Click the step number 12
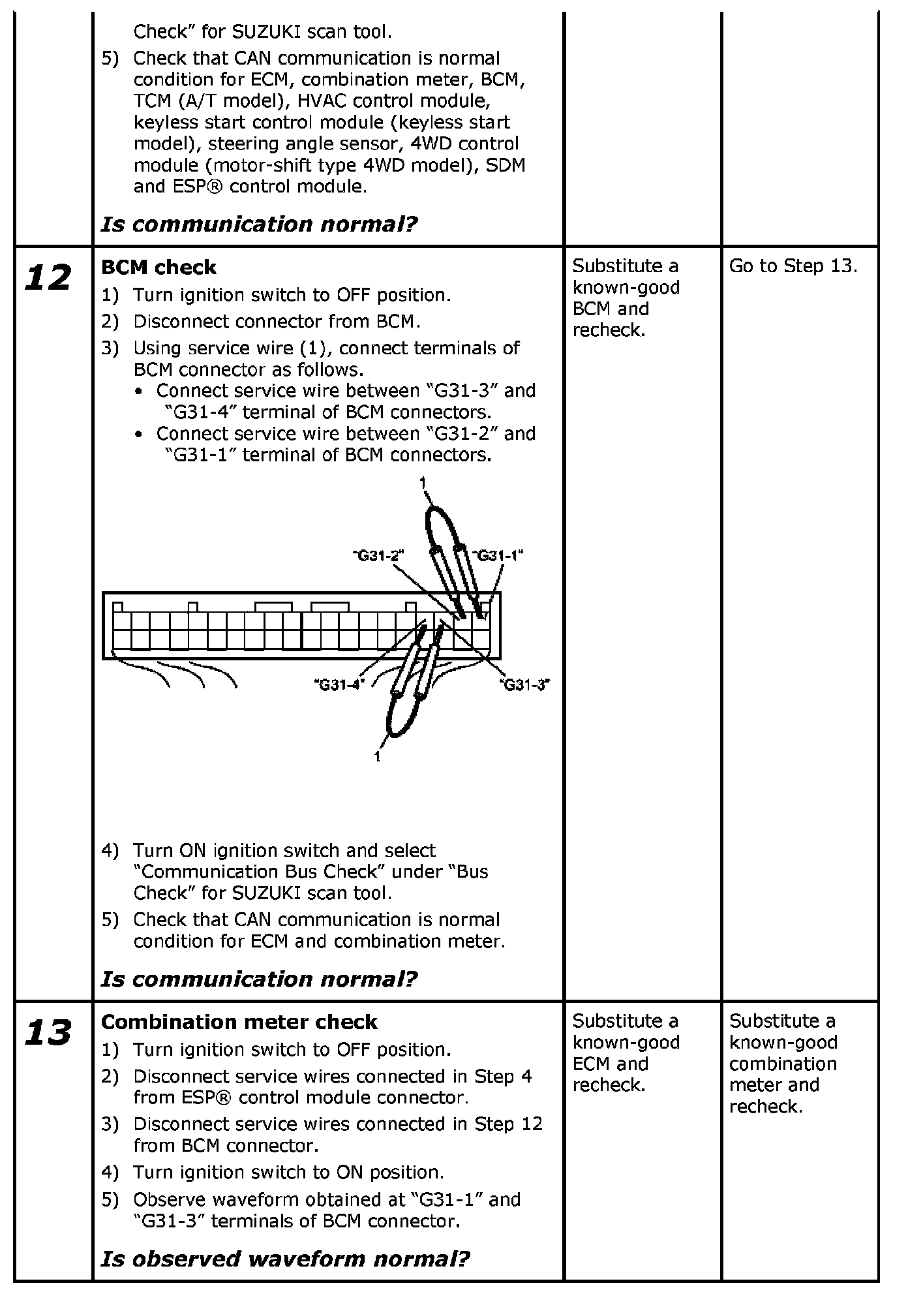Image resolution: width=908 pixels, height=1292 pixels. [48, 279]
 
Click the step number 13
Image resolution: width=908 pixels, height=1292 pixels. [48, 1034]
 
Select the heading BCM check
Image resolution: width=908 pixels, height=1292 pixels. [159, 268]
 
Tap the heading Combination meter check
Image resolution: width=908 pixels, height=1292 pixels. [239, 1022]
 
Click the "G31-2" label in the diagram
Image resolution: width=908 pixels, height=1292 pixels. [378, 555]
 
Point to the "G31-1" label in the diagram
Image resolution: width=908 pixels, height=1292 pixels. [499, 555]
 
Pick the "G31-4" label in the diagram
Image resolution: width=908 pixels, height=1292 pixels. [338, 684]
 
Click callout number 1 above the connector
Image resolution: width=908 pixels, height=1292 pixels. [423, 483]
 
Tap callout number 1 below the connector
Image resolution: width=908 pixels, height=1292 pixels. [377, 756]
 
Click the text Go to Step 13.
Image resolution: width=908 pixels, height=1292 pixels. [793, 266]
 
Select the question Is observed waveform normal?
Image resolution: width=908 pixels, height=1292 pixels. [285, 1258]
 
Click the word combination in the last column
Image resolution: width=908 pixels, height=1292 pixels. [783, 1064]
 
